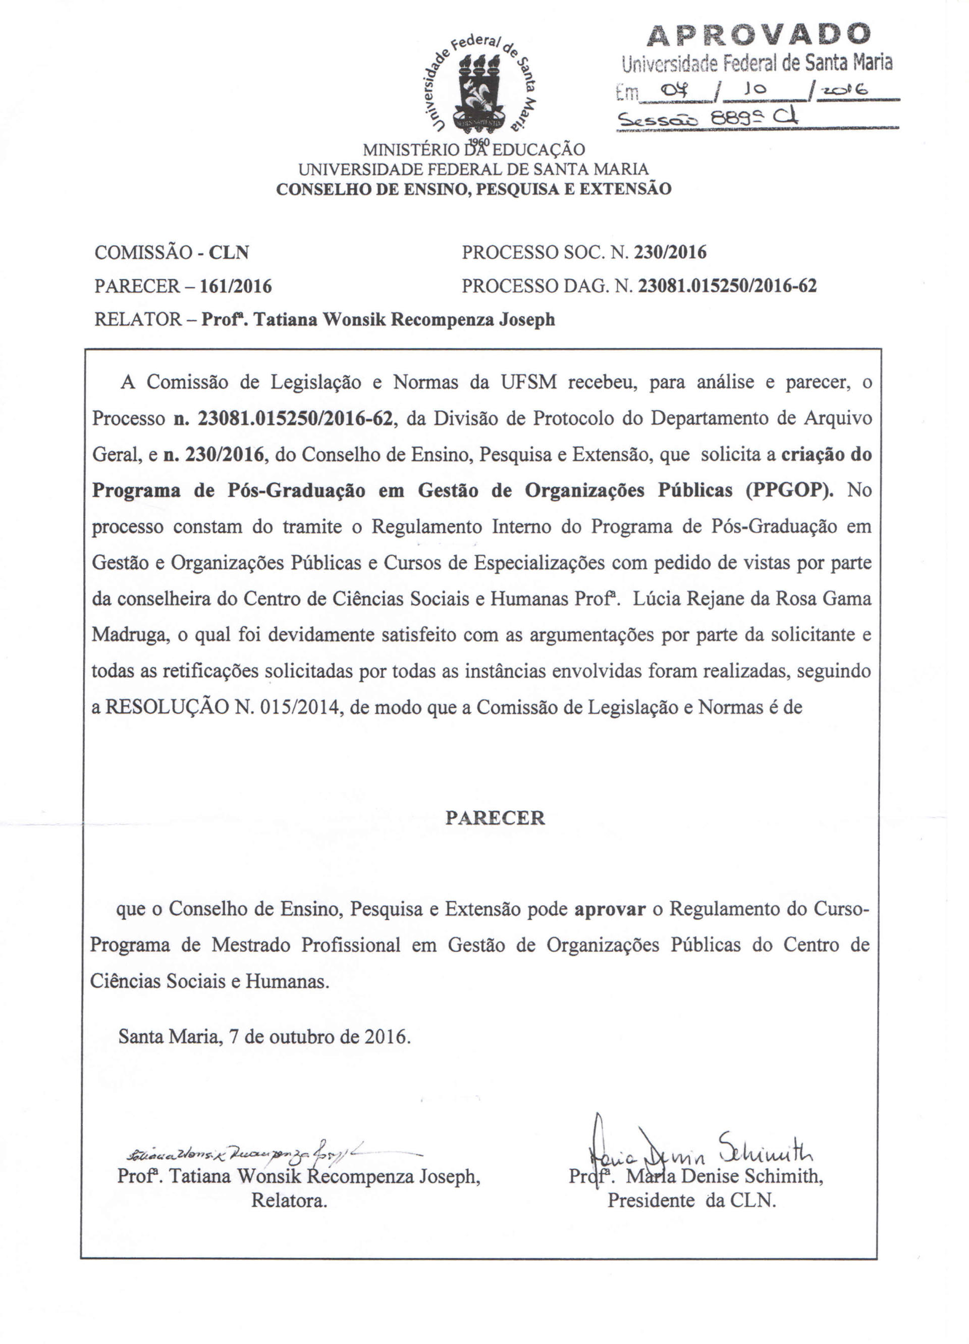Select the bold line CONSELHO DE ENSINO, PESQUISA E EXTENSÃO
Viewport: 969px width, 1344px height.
(473, 189)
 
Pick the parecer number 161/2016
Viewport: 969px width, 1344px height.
(236, 287)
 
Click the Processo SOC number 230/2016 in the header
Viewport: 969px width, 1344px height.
(670, 253)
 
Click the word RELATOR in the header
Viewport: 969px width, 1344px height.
(138, 320)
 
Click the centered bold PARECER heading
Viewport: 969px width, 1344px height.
(495, 818)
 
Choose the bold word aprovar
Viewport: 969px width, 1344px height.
(610, 909)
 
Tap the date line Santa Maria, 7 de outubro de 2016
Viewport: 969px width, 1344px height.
(264, 1036)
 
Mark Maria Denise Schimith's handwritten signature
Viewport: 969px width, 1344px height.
(699, 1147)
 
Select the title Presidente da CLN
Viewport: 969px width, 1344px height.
(691, 1201)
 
